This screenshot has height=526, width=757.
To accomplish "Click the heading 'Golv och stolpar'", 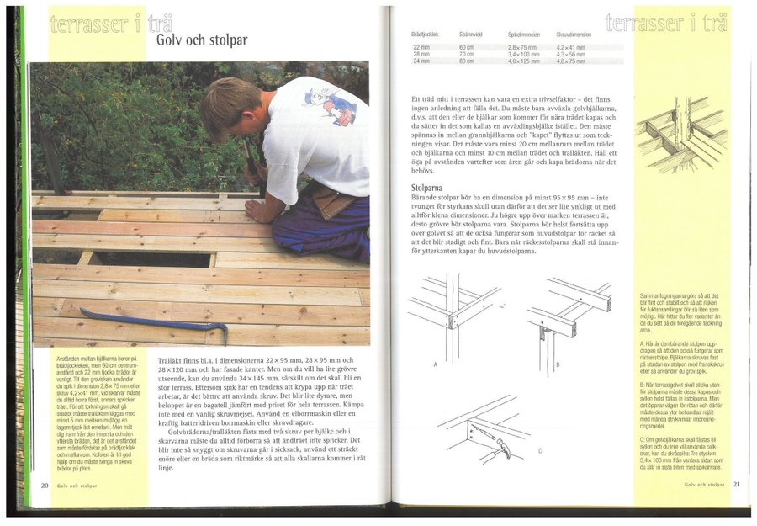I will click(x=201, y=40).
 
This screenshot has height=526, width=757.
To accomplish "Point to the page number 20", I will click(x=44, y=486).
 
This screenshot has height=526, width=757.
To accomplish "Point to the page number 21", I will click(x=736, y=485).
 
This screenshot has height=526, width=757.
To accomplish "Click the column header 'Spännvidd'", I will click(x=472, y=35).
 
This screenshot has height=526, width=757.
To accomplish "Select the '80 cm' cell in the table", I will click(x=467, y=61).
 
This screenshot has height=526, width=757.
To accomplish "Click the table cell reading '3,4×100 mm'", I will click(x=524, y=54).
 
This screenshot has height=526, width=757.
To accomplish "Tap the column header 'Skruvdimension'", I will click(x=574, y=35).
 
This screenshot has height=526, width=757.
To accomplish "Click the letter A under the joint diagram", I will click(x=434, y=365).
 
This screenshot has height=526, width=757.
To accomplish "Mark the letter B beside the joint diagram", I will click(x=557, y=365).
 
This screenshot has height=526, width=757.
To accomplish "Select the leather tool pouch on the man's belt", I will click(x=332, y=203).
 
